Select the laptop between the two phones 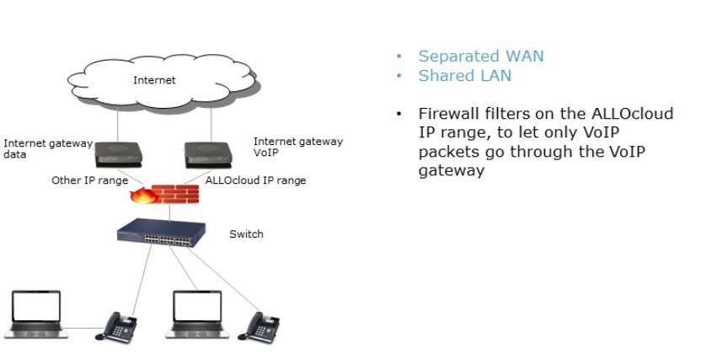(x=197, y=311)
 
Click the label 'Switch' (x=246, y=234)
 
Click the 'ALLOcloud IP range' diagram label (x=255, y=180)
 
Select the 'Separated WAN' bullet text (x=481, y=56)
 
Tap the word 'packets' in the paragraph (x=449, y=152)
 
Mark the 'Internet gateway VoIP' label (x=297, y=148)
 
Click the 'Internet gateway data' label (x=47, y=149)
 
